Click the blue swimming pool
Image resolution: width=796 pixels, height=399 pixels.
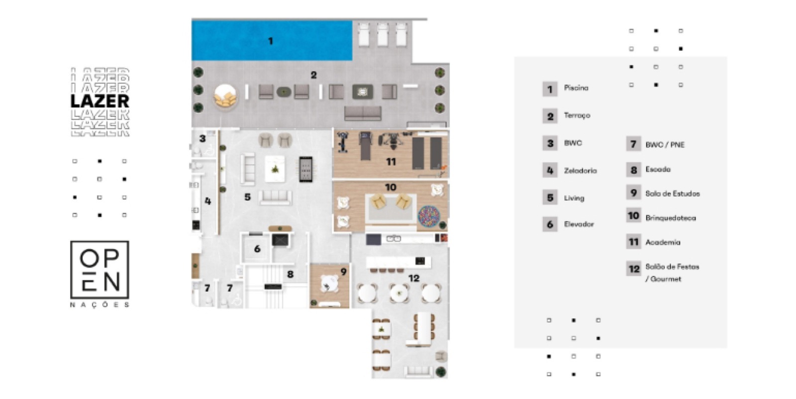[272, 40]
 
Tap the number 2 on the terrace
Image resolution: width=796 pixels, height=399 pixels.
[313, 75]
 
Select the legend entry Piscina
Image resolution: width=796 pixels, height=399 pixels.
[576, 88]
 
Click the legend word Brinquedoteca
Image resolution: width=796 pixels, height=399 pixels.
[671, 218]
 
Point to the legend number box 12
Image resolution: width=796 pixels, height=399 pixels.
[634, 269]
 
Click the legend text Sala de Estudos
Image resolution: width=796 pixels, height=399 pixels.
[673, 194]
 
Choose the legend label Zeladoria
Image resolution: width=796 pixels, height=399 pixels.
[580, 171]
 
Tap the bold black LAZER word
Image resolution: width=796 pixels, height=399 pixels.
[100, 101]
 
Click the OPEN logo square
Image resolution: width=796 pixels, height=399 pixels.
[99, 270]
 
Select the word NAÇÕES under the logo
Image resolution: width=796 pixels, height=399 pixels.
[99, 305]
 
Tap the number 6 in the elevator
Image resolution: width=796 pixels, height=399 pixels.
[257, 249]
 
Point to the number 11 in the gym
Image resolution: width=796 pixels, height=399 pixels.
[391, 162]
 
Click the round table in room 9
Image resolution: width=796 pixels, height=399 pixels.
[329, 284]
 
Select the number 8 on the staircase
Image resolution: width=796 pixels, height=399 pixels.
[291, 274]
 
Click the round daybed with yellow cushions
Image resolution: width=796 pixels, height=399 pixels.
[225, 97]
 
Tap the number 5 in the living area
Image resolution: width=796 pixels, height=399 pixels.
[247, 197]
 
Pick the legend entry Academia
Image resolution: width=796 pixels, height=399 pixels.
[663, 242]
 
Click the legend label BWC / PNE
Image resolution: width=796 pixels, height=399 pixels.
[665, 145]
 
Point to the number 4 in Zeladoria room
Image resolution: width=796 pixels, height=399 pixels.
[208, 201]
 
